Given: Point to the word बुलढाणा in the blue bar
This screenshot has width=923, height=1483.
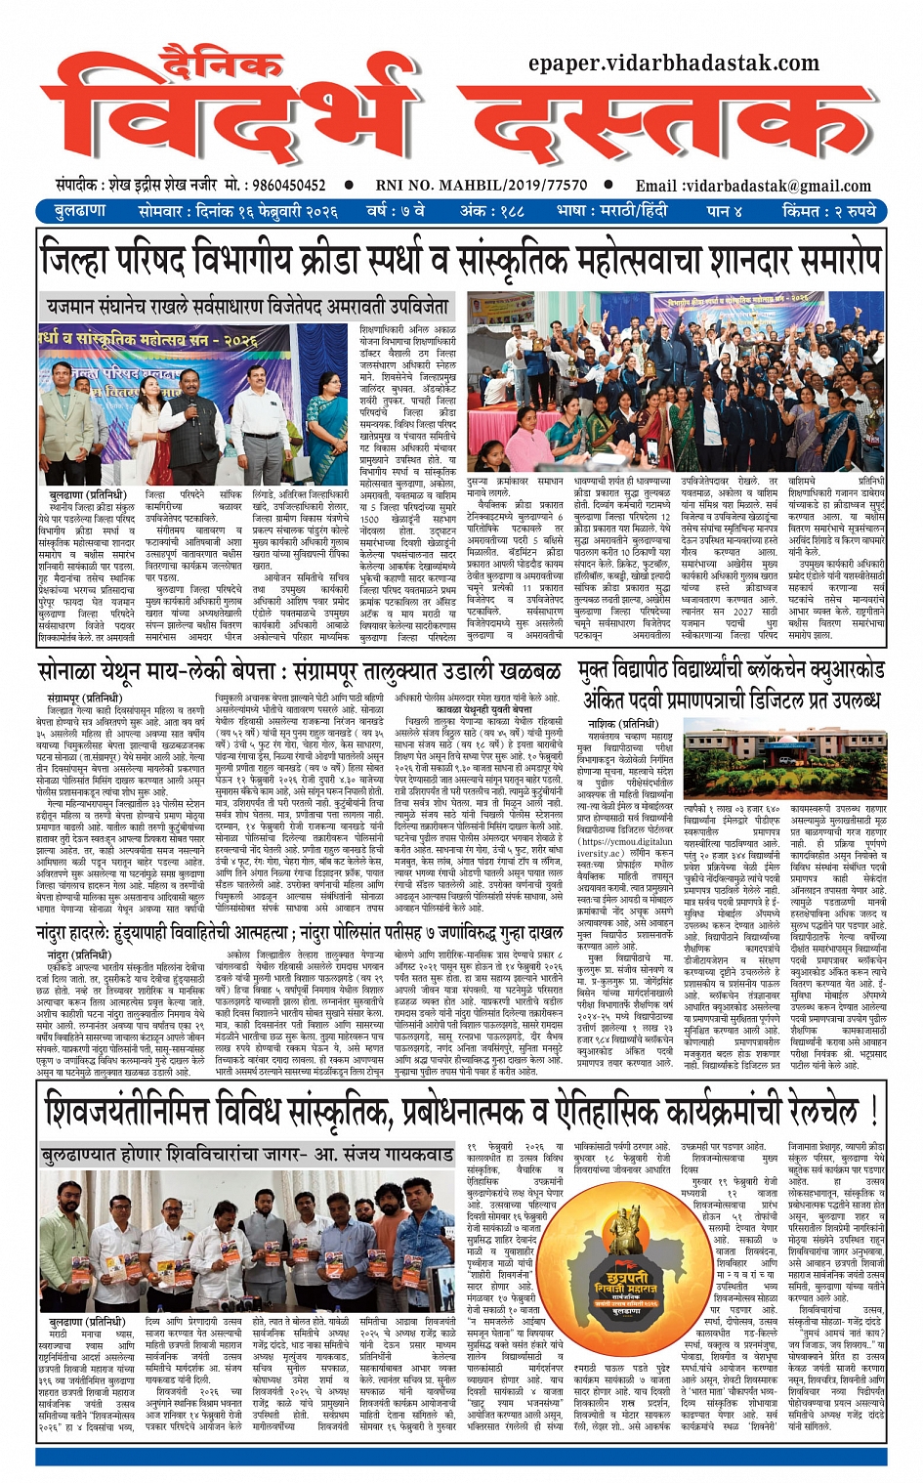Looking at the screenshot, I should pos(80,210).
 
